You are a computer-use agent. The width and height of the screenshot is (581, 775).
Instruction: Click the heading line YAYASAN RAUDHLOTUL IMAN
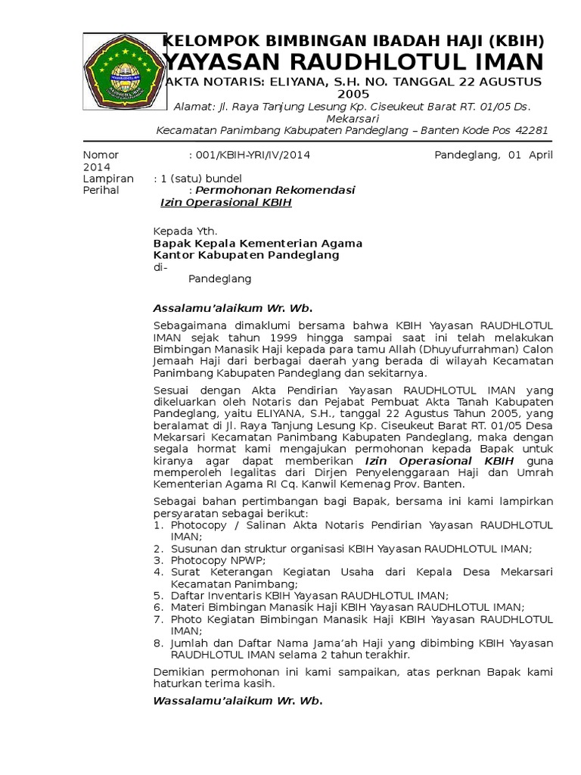(353, 61)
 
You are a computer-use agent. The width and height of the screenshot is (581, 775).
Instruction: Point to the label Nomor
(101, 155)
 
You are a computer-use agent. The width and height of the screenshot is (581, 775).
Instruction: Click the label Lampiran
(108, 179)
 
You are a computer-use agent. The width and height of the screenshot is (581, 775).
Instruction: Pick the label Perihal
(101, 191)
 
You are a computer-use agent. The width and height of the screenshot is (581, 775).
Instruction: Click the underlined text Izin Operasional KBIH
(226, 203)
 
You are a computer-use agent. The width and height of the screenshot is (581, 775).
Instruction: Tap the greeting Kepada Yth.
(185, 231)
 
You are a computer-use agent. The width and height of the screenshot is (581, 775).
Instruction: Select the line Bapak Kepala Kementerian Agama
(258, 243)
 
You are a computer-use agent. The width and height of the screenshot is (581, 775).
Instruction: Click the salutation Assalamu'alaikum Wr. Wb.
(232, 308)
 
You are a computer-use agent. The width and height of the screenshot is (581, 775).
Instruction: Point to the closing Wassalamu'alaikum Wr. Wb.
(238, 701)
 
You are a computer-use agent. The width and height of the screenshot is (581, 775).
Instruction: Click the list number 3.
(158, 560)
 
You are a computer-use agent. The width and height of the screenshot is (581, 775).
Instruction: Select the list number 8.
(158, 643)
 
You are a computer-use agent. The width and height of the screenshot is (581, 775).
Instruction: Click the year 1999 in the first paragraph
(250, 337)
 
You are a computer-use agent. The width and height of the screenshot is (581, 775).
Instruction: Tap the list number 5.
(158, 596)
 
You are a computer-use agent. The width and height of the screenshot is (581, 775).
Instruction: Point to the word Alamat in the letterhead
(192, 106)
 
